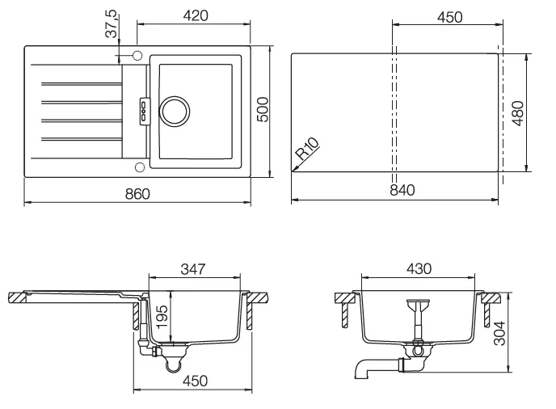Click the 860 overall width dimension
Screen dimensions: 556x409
click(x=137, y=194)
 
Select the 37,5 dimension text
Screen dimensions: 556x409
click(x=112, y=23)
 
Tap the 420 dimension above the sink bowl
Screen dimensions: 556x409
click(x=196, y=15)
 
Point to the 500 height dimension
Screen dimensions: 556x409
click(x=263, y=110)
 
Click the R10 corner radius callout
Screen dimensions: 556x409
click(x=307, y=149)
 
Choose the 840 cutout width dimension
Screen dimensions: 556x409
click(x=402, y=190)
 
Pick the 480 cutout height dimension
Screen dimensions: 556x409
click(x=518, y=113)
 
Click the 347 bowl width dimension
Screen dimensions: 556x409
click(x=193, y=269)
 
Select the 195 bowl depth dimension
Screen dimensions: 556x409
click(x=162, y=316)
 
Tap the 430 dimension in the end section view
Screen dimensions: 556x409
click(x=419, y=269)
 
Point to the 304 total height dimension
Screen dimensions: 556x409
click(x=500, y=333)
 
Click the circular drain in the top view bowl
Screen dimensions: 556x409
click(x=175, y=111)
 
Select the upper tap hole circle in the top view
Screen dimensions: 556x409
click(x=137, y=56)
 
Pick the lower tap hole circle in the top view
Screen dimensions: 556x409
click(x=140, y=167)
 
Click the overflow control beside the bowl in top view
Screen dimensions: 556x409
click(x=145, y=111)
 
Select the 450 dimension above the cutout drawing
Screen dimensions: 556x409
click(x=449, y=18)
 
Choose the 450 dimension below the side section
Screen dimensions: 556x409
click(x=195, y=381)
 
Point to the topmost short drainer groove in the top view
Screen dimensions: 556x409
click(x=82, y=84)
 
